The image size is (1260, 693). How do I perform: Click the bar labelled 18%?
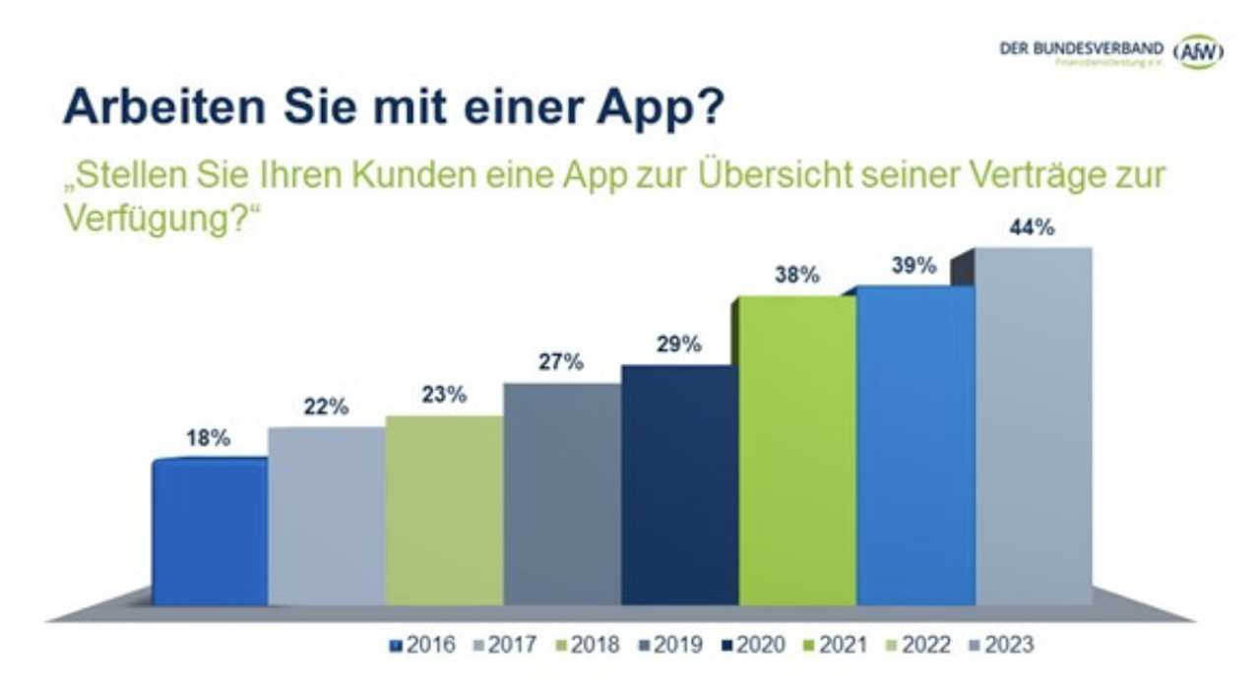coord(210,532)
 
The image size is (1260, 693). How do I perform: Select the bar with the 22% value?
coord(327,516)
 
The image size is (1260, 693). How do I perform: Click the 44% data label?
coord(1032,227)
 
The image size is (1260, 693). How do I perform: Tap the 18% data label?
coord(208,439)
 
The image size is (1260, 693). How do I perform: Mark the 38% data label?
coord(796,276)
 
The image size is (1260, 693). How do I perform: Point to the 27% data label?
coord(561,362)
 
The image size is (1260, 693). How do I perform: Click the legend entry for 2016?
coord(422,646)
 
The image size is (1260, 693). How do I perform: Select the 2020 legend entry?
coord(753,646)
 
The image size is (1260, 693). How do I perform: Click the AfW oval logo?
coord(1198,52)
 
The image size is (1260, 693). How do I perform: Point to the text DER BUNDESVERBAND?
coord(1081,47)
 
